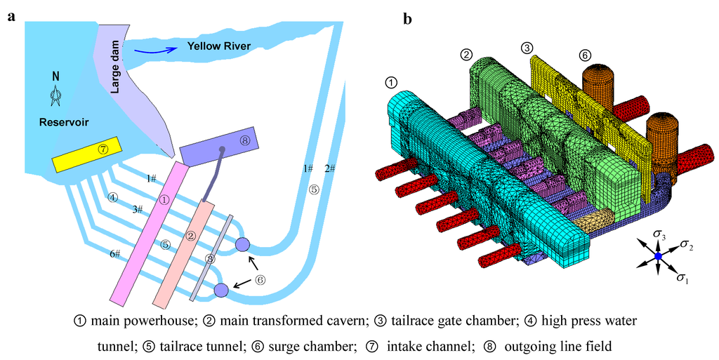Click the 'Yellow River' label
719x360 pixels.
pyautogui.click(x=218, y=46)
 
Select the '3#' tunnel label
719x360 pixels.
pyautogui.click(x=137, y=209)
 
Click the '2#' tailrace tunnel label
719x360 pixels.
pyautogui.click(x=330, y=168)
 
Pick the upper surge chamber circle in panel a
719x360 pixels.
pyautogui.click(x=242, y=245)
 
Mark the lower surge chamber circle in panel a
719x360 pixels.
pyautogui.click(x=221, y=289)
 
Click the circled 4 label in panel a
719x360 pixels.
pyautogui.click(x=113, y=197)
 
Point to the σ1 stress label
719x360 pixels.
pyautogui.click(x=682, y=279)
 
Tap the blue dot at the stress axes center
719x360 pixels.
pyautogui.click(x=658, y=258)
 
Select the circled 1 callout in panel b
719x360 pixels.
pyautogui.click(x=392, y=82)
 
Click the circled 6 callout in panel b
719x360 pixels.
pyautogui.click(x=585, y=55)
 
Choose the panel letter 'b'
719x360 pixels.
pyautogui.click(x=407, y=19)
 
